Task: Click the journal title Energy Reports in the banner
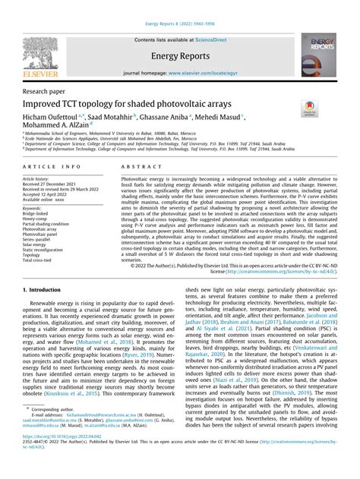(x=180, y=56)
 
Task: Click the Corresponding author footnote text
(x=60, y=430)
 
